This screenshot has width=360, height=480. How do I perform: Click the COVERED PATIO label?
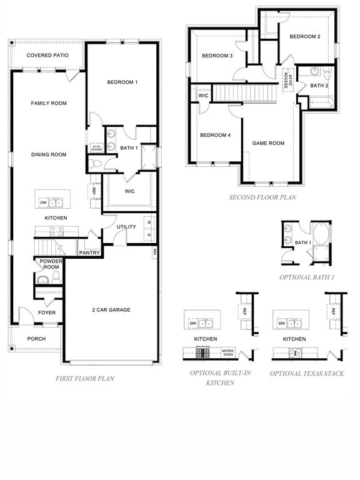point(47,56)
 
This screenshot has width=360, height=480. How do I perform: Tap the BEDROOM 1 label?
point(122,82)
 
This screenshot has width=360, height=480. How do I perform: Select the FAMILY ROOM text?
point(49,103)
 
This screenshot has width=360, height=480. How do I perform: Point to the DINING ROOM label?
point(49,154)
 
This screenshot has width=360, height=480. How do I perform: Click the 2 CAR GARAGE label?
point(111,309)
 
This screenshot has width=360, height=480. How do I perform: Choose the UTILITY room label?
point(126,227)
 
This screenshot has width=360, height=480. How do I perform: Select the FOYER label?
point(47,312)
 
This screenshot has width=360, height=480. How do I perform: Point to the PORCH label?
point(36,339)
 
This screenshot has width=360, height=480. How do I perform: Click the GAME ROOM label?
point(268,143)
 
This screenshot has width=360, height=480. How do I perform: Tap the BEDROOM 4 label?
point(215,135)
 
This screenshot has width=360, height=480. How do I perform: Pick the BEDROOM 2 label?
point(304,37)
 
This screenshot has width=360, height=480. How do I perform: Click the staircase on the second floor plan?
point(246,93)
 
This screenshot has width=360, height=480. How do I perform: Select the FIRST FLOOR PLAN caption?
point(84,378)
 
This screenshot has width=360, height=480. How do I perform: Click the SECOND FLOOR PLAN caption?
point(262,197)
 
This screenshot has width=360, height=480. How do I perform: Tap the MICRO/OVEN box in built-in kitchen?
point(228,353)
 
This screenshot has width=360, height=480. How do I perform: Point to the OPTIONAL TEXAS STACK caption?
point(306,373)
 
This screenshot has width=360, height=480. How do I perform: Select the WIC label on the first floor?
point(130,191)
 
